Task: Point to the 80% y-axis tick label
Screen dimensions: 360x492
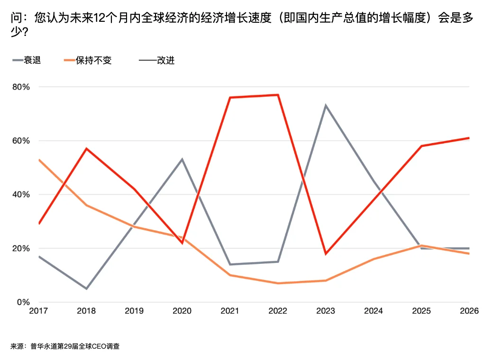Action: (21, 87)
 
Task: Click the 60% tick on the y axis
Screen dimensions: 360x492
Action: (21, 141)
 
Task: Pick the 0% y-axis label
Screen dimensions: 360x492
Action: (24, 302)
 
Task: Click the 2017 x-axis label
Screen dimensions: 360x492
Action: (38, 311)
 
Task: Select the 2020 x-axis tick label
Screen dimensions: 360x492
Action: (182, 311)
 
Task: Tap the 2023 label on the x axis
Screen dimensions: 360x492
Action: (326, 311)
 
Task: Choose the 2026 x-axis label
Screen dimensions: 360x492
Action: (469, 311)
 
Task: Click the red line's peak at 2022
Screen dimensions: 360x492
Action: (278, 95)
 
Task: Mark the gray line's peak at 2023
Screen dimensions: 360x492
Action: (326, 106)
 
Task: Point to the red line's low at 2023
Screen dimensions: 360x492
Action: (326, 254)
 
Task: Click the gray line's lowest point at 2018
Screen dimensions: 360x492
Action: (86, 288)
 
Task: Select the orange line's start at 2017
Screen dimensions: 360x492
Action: (39, 160)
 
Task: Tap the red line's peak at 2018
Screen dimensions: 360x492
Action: (86, 149)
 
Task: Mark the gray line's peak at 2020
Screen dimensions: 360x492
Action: (182, 159)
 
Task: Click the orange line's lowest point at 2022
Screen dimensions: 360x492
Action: (278, 283)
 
